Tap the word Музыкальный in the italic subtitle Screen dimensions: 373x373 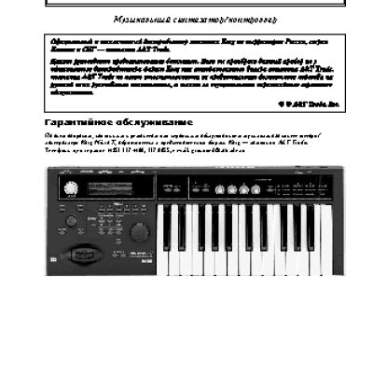pyautogui.click(x=137, y=20)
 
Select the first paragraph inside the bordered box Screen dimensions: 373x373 pyautogui.click(x=186, y=48)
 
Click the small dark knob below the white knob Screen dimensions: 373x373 pyautogui.click(x=72, y=221)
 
